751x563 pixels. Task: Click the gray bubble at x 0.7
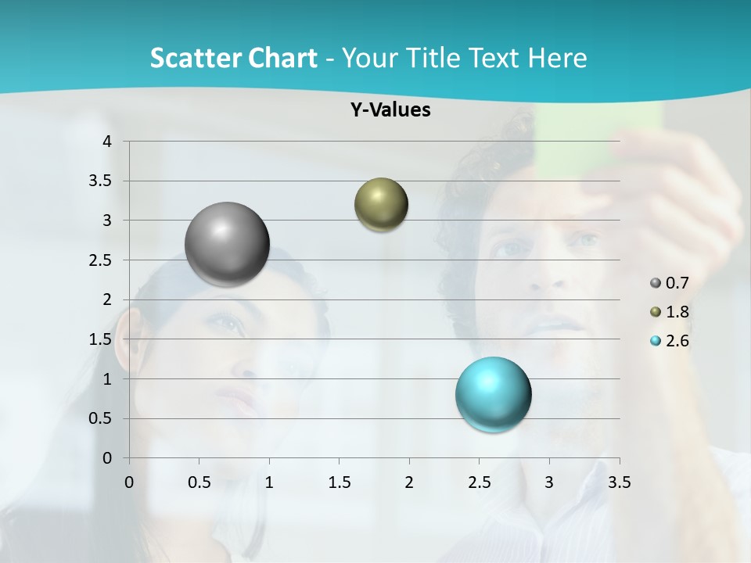click(x=227, y=244)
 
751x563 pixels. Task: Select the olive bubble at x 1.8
click(x=381, y=205)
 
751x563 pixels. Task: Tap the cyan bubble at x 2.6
click(x=493, y=394)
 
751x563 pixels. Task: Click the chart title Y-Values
click(x=390, y=110)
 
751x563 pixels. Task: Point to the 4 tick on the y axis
click(x=108, y=142)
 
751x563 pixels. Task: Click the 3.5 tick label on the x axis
click(x=619, y=482)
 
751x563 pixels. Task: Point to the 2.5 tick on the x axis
click(x=479, y=482)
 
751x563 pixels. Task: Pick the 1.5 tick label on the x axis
click(x=339, y=482)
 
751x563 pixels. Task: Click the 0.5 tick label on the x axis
click(x=199, y=482)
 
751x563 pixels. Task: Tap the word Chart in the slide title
click(x=282, y=58)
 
